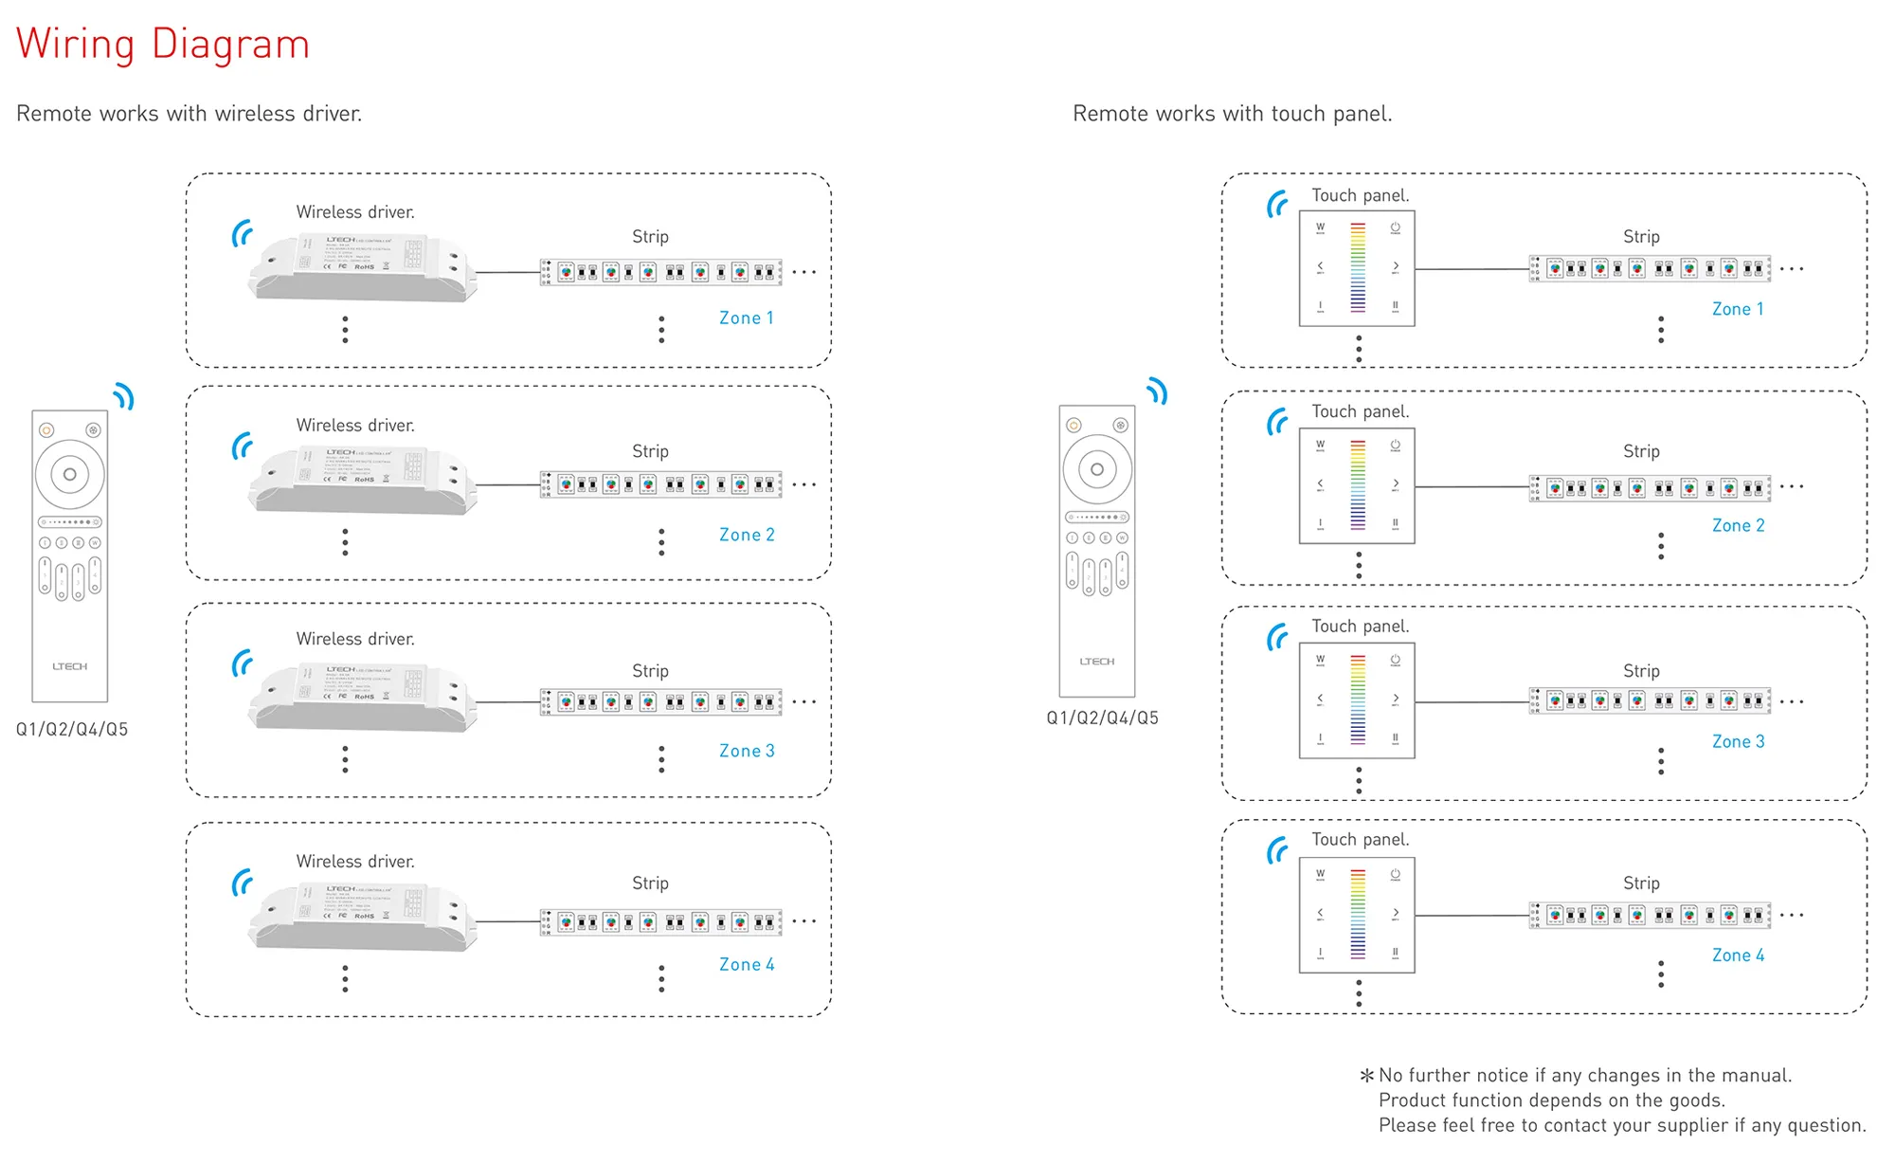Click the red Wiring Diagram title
tap(163, 45)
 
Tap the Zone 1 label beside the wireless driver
tap(746, 318)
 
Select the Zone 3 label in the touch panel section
tap(1737, 742)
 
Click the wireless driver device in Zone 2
tap(362, 482)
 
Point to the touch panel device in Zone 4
tap(1356, 915)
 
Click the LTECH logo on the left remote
tap(69, 666)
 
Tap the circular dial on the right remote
tap(1096, 469)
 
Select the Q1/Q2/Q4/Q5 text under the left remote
tap(72, 730)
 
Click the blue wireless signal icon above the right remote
tap(1157, 391)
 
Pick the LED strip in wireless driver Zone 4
tap(660, 921)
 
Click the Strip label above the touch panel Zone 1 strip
tap(1640, 237)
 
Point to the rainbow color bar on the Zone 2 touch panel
tap(1358, 485)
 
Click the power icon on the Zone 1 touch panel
tap(1395, 228)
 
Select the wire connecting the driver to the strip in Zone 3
tap(508, 702)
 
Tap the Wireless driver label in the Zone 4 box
tap(355, 862)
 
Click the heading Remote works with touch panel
tap(1232, 114)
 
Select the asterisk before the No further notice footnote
tap(1366, 1076)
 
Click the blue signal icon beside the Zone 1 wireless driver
tap(243, 233)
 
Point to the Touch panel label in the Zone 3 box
tap(1360, 627)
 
